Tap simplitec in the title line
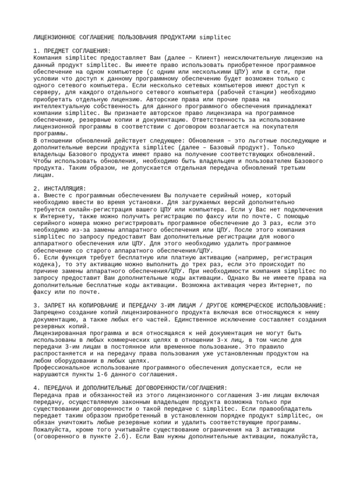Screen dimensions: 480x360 pyautogui.click(x=215, y=37)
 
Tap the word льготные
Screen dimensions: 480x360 pyautogui.click(x=262, y=141)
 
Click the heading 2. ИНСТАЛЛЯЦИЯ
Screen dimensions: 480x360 pyautogui.click(x=60, y=188)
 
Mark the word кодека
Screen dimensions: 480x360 pyautogui.click(x=45, y=264)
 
